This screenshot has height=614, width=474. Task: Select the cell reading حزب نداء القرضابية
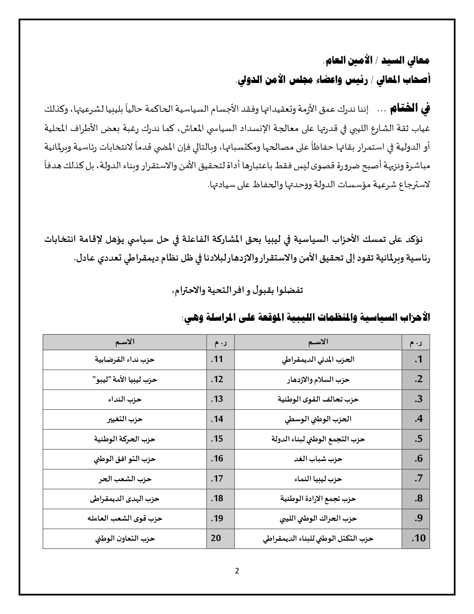125,360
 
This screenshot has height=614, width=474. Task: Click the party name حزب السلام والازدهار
318,380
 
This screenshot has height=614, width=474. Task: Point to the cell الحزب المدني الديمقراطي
318,360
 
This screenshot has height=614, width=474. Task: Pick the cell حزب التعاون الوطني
125,538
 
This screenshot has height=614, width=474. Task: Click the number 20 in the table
216,538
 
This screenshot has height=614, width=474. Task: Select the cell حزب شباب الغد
318,459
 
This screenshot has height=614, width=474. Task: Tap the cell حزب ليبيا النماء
318,479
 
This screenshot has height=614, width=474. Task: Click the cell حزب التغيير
125,419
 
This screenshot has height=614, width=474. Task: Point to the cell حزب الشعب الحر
125,479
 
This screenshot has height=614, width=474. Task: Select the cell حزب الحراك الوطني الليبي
318,518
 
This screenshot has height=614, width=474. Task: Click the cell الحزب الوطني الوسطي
318,419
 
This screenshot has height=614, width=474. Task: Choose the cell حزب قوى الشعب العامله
125,518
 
